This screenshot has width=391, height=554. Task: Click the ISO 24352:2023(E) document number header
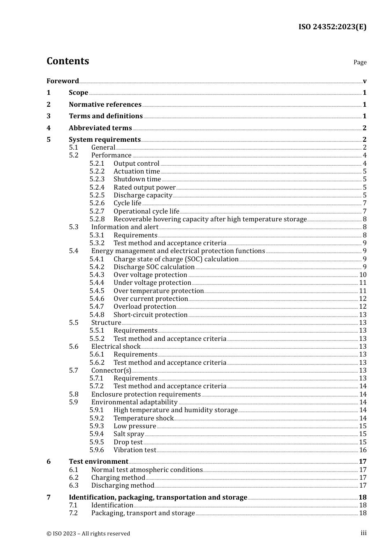[332, 27]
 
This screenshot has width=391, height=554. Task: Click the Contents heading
[67, 61]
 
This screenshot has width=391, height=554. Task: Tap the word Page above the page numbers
[360, 62]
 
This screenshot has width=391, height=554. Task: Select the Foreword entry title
[63, 81]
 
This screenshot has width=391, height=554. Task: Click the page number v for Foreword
[365, 81]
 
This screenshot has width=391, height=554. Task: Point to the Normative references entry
[105, 104]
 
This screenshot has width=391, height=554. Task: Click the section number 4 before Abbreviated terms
[49, 128]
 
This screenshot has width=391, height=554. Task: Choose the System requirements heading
[105, 139]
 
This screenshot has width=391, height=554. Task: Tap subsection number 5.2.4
[97, 187]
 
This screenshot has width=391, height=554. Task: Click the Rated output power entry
[144, 187]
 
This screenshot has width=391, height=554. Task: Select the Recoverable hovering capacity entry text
[210, 219]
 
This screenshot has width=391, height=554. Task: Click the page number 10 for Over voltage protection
[363, 275]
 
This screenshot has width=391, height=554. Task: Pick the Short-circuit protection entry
[150, 315]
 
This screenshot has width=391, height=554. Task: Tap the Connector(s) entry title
[111, 370]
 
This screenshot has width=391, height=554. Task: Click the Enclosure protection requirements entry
[146, 394]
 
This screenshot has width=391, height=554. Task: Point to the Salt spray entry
[128, 434]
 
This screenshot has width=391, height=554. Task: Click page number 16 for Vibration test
[363, 450]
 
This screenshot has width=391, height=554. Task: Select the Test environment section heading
[98, 461]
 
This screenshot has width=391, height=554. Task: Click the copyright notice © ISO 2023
[88, 533]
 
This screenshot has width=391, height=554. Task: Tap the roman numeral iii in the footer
[363, 533]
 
